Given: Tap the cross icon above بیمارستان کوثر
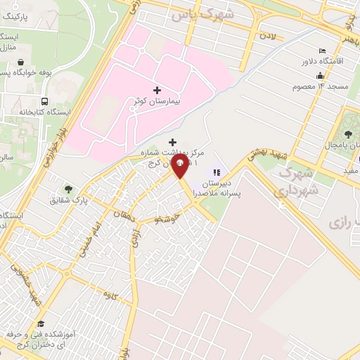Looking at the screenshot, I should click(156, 91).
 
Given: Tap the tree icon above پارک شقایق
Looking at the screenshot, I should click(68, 188).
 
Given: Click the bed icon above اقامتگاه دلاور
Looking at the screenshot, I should click(322, 51).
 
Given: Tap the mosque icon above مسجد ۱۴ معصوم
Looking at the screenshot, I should click(321, 76).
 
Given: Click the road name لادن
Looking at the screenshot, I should click(265, 33).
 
